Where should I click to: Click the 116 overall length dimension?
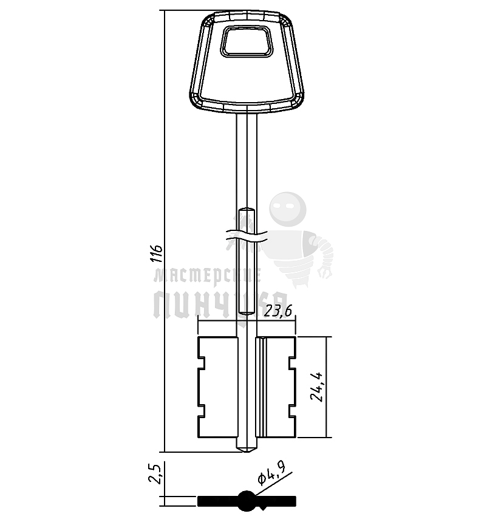tap(156, 253)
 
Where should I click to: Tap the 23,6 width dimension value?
tap(278, 311)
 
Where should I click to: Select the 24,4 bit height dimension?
tap(316, 387)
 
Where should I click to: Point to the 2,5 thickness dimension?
tap(155, 474)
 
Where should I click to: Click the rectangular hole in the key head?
tap(247, 41)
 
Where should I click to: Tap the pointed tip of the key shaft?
tap(247, 452)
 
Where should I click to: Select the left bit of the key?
tap(217, 387)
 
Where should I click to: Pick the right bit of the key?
tap(276, 387)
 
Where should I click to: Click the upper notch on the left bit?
tap(202, 363)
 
